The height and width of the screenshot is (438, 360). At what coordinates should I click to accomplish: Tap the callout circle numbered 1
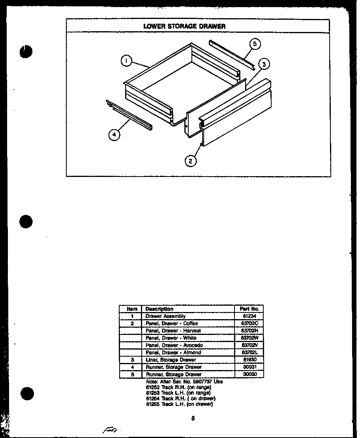point(126,61)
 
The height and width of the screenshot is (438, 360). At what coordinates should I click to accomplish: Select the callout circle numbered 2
point(191,161)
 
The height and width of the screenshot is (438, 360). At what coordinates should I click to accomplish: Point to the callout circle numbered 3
point(264,64)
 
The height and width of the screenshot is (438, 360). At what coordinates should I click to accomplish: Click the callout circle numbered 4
point(114,135)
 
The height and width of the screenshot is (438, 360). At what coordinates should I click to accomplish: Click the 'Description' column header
point(159,309)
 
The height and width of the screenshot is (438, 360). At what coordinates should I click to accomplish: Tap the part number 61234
point(249,316)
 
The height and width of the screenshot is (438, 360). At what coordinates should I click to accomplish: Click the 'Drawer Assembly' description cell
point(165,316)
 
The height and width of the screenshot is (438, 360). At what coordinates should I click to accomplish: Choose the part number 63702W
point(249,338)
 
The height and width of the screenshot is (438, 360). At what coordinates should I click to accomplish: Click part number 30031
point(249,367)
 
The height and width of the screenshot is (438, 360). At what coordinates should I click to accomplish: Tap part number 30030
point(249,374)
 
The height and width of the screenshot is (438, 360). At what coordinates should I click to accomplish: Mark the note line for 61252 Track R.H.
point(172,387)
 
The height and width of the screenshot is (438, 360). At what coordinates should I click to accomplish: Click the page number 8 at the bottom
point(193,419)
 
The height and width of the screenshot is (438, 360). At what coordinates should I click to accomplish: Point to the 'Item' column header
point(132,309)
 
